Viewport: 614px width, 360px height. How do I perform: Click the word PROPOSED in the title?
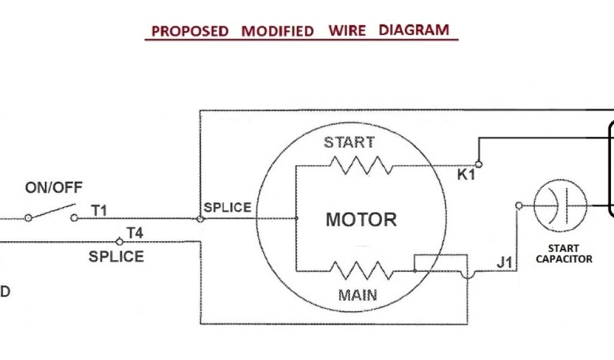190,31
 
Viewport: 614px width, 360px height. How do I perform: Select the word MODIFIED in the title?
278,31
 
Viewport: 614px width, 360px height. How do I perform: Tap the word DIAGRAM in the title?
414,29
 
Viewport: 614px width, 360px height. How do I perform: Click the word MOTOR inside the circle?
361,219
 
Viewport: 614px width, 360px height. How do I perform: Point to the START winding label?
349,143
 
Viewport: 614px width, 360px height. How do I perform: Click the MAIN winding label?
357,295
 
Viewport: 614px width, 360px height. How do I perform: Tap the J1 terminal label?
504,262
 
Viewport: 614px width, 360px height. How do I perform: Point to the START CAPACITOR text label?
564,254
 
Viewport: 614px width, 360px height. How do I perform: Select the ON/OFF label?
54,188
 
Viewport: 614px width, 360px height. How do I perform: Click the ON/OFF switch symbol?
51,213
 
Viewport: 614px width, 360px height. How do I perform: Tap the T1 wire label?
99,210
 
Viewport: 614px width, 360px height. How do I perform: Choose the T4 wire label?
134,232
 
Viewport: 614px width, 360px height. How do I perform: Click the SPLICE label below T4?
116,257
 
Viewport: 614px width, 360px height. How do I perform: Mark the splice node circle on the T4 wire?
119,242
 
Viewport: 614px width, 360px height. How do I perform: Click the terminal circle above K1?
478,163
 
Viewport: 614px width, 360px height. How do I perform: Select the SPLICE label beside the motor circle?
227,208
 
